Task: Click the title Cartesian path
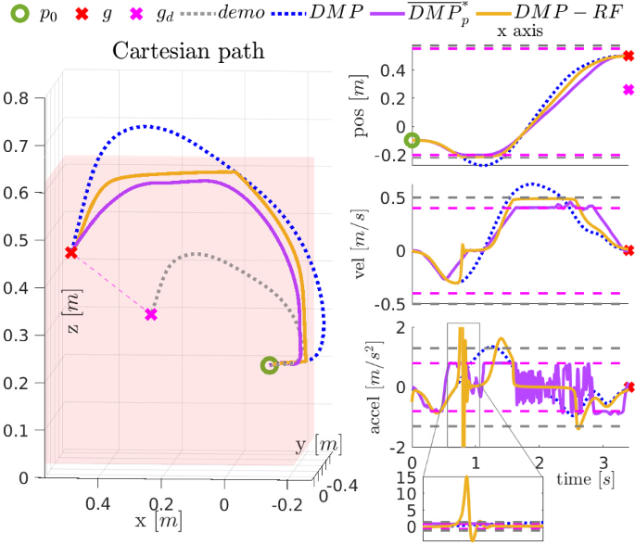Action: (x=188, y=51)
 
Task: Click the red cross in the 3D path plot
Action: (x=71, y=252)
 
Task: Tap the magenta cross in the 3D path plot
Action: (x=151, y=315)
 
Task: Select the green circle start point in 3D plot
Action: (x=269, y=365)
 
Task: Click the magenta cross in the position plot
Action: (x=629, y=90)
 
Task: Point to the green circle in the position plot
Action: (x=413, y=141)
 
